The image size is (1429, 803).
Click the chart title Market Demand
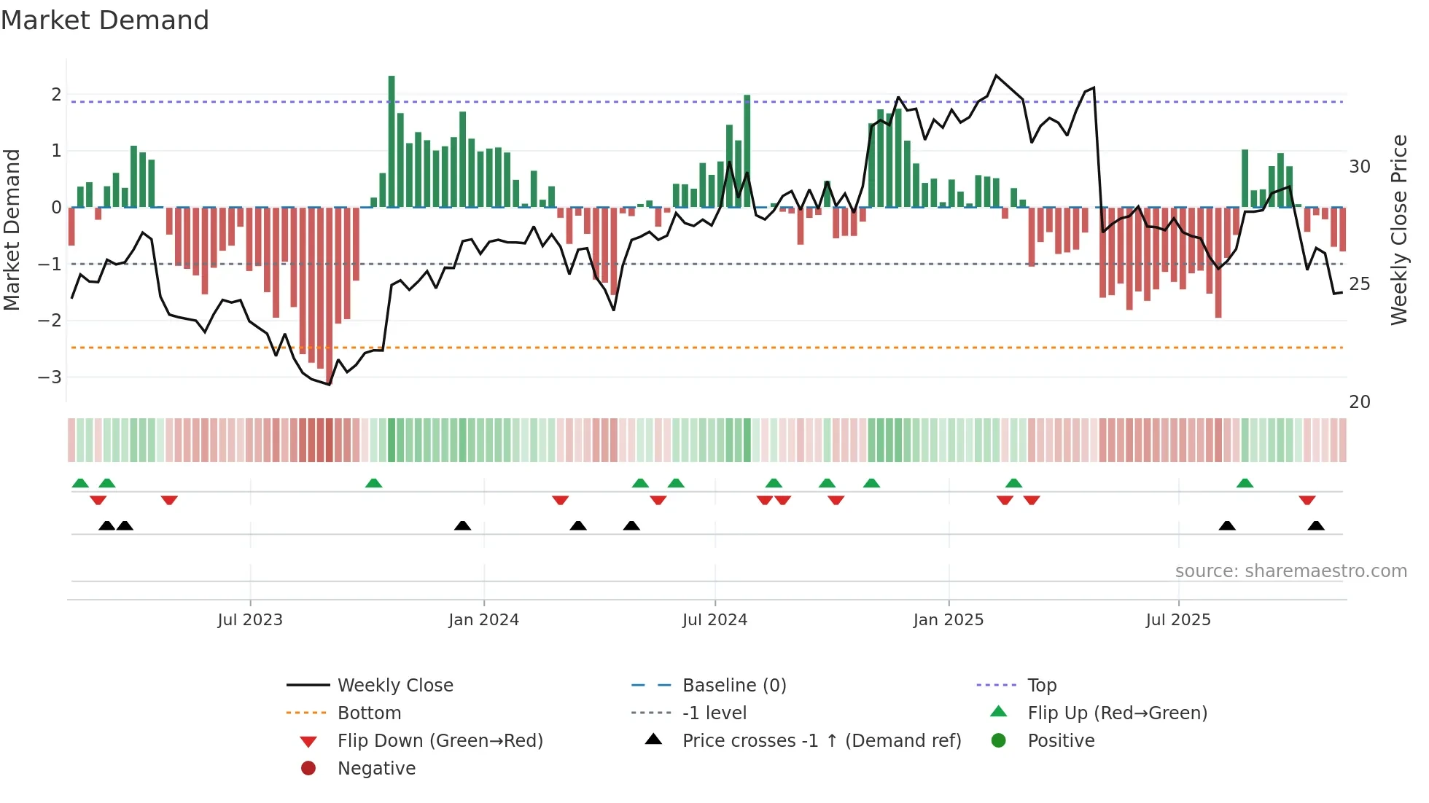tap(105, 20)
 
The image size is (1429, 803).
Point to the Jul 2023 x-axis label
tap(250, 620)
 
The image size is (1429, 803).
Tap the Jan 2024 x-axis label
tap(483, 620)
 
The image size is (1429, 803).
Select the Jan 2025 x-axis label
tap(948, 620)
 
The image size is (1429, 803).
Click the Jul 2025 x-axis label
tap(1177, 620)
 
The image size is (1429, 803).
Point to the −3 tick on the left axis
tap(50, 377)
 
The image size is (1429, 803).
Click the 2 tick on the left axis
tap(56, 95)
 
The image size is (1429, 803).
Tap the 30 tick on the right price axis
tap(1359, 167)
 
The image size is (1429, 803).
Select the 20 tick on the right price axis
tap(1359, 402)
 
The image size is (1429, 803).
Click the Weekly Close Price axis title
tap(1398, 230)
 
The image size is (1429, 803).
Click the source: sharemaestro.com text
tap(1290, 571)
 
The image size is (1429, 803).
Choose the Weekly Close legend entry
tap(394, 686)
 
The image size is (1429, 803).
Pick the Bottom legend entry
tap(369, 713)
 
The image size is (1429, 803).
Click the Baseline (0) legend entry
tap(733, 686)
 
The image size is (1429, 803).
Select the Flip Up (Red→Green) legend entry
tap(1117, 713)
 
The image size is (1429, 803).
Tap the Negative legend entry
tap(376, 769)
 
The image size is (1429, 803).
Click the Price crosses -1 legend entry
tap(821, 741)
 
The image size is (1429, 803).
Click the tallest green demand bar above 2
tap(392, 138)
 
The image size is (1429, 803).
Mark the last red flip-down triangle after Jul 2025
tap(1307, 501)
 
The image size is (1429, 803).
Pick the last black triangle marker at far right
tap(1316, 525)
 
